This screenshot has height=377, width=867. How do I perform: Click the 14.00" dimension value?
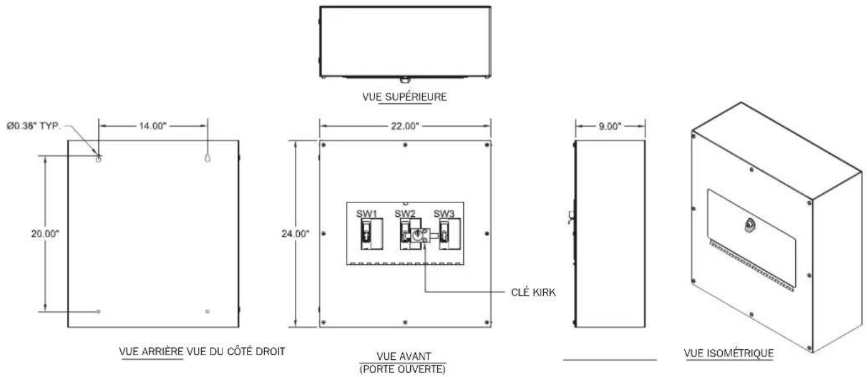click(x=152, y=126)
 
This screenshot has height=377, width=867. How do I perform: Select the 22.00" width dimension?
click(x=405, y=126)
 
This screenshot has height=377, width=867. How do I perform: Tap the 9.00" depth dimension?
click(x=610, y=126)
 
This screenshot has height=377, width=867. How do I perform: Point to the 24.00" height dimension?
click(x=296, y=234)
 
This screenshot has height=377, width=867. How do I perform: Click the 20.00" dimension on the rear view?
click(x=45, y=234)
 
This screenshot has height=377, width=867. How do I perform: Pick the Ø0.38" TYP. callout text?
click(x=34, y=126)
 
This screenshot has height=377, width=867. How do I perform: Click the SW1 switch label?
click(x=367, y=214)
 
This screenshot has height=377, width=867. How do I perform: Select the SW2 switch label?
click(x=405, y=214)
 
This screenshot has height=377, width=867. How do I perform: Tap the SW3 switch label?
click(x=444, y=214)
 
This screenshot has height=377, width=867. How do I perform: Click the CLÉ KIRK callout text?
click(x=533, y=293)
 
